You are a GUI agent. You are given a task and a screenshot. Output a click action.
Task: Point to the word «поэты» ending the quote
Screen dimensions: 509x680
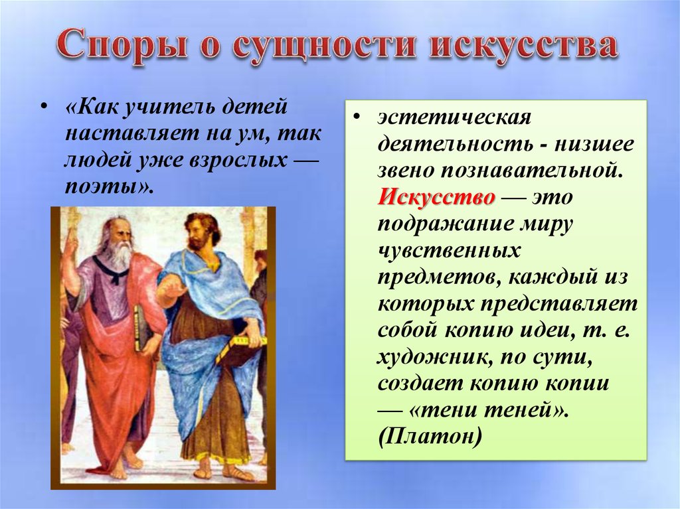[106, 186]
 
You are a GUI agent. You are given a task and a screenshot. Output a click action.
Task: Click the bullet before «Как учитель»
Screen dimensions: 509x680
[44, 108]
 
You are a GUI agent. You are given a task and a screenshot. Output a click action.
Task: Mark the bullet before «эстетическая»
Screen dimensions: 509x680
[357, 118]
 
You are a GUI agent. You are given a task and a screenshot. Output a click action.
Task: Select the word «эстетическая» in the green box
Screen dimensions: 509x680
[454, 117]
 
